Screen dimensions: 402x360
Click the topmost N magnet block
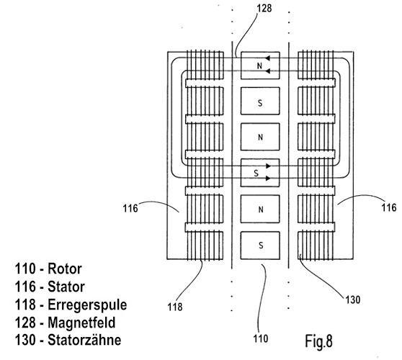pos(260,66)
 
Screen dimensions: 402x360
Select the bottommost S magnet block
pos(260,246)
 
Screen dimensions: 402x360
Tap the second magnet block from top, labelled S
pos(260,101)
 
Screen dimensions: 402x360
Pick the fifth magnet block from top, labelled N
pos(260,209)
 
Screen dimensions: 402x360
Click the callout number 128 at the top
pos(264,8)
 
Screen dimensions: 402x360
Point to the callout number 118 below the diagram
pos(175,307)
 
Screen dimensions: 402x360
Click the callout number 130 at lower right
pos(353,300)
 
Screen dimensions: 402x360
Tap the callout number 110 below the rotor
pos(261,338)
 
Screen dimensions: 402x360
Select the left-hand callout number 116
pos(130,208)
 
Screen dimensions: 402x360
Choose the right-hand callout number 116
pos(389,207)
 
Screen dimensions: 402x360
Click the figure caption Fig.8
pos(318,341)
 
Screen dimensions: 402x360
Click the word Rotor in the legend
pos(65,269)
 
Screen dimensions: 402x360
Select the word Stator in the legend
pos(66,287)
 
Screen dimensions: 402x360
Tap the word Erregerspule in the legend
pos(87,305)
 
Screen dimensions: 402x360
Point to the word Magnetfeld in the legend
pos(81,323)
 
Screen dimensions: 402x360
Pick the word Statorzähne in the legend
pos(84,340)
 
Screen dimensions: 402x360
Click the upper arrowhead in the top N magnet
pos(267,58)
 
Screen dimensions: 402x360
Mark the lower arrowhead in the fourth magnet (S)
pos(268,178)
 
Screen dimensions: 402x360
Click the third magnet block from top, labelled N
pos(260,137)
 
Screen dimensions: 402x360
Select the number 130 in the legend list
pos(25,340)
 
